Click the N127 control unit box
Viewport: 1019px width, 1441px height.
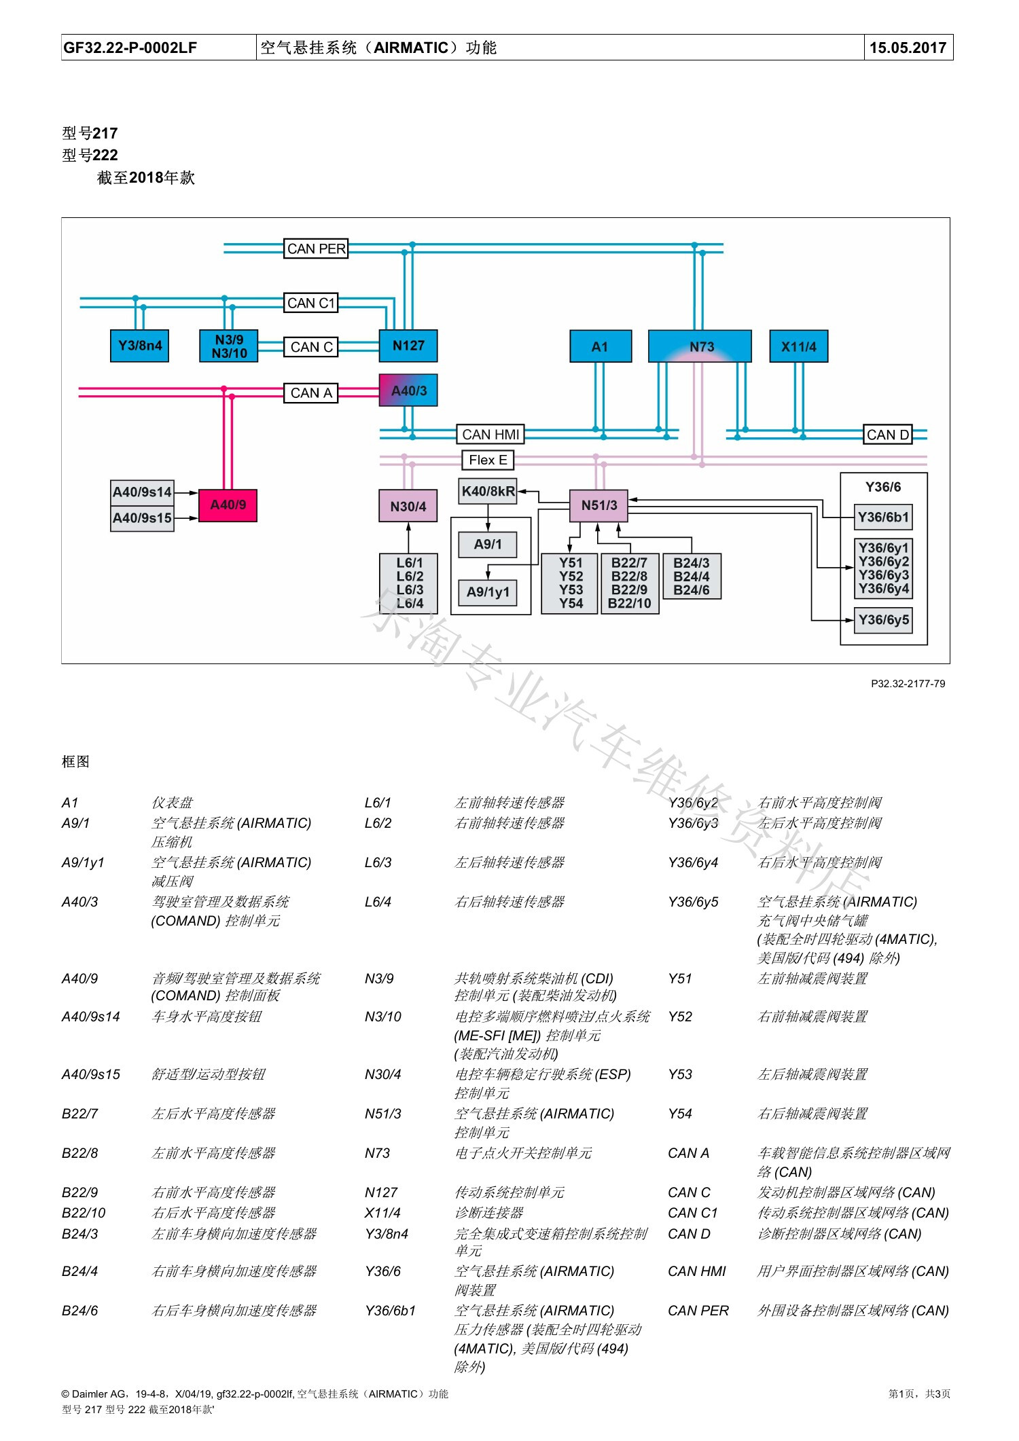[x=408, y=346]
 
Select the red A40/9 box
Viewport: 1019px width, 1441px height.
[x=228, y=505]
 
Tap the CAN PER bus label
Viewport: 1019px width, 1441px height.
[x=316, y=249]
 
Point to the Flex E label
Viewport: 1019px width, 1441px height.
[x=488, y=460]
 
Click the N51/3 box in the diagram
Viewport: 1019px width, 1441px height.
[x=598, y=505]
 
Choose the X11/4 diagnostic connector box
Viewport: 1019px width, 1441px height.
[x=798, y=346]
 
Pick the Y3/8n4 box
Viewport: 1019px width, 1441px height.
[x=140, y=346]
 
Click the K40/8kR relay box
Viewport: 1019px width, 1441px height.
[x=488, y=491]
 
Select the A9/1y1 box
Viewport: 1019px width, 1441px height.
[x=488, y=592]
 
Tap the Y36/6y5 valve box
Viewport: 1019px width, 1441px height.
[x=883, y=620]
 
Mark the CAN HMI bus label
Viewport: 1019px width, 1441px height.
[x=490, y=435]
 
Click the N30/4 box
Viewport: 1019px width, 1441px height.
[x=408, y=507]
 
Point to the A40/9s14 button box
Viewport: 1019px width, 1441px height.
[x=142, y=492]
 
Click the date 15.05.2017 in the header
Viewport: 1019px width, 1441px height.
[x=908, y=48]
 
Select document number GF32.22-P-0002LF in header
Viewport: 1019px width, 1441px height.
[x=130, y=48]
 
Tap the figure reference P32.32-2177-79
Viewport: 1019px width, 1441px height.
[x=908, y=684]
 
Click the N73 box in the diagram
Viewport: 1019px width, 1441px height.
[x=700, y=346]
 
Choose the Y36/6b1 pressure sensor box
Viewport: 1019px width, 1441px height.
[x=883, y=517]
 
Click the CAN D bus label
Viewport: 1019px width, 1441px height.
[x=887, y=435]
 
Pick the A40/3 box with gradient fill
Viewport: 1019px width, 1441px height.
[x=408, y=390]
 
